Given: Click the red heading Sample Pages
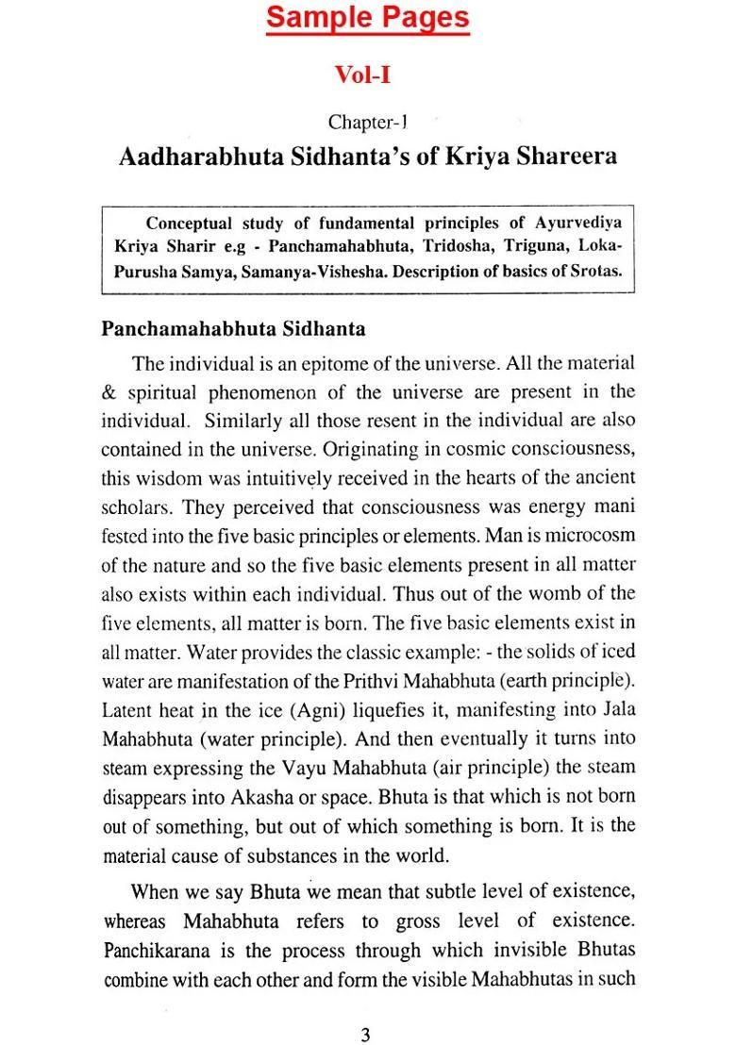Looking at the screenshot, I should [367, 18].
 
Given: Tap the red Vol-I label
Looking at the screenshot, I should [364, 74].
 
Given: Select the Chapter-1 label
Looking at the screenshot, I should [367, 122].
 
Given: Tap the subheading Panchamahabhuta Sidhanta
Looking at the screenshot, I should [233, 329].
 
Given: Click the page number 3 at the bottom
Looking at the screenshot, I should [365, 1009].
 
